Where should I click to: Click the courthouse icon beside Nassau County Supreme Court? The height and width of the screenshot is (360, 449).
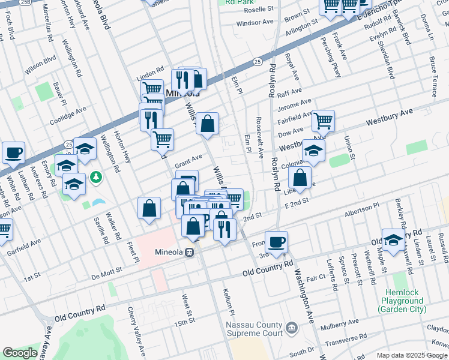tap(291, 328)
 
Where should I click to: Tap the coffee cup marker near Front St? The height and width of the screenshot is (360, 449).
tap(276, 241)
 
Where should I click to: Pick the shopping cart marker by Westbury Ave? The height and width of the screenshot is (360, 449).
tap(323, 121)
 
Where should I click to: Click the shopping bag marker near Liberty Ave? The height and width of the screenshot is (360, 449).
tap(300, 177)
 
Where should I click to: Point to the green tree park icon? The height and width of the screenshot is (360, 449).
tap(95, 178)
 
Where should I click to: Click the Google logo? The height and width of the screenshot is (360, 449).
tap(20, 353)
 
